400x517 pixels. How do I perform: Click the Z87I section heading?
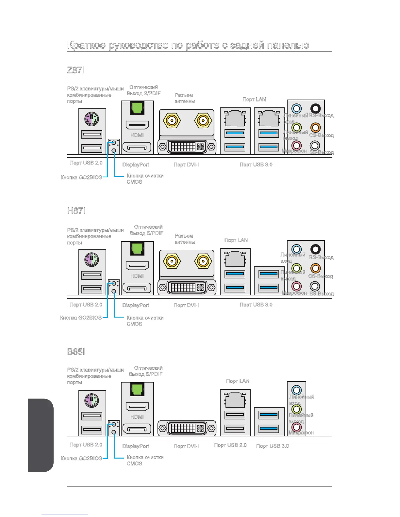(76, 70)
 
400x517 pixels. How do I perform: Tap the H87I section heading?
(76, 211)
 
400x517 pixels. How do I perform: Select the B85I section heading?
(76, 352)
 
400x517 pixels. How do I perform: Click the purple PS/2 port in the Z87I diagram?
(92, 119)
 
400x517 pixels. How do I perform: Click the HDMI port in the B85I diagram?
(137, 406)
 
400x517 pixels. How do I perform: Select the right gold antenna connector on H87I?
(203, 261)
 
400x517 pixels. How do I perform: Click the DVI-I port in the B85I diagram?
(187, 428)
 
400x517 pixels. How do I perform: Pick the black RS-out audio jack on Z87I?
(315, 108)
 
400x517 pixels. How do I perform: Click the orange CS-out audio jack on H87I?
(315, 268)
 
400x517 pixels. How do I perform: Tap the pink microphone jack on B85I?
(296, 427)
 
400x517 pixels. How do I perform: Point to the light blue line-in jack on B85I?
(296, 390)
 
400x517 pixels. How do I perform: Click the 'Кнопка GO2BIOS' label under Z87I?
(81, 177)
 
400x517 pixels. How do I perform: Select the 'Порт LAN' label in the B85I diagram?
(238, 381)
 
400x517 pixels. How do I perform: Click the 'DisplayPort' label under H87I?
(136, 305)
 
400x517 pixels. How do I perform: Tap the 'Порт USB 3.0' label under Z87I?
(256, 164)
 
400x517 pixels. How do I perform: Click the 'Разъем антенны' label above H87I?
(185, 239)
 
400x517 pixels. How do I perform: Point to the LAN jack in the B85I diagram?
(235, 399)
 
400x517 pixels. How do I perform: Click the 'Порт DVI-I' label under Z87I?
(186, 164)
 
